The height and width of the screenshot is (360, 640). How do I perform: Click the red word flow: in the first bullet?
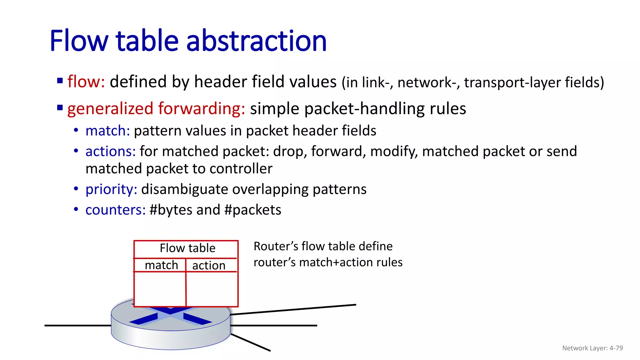point(86,82)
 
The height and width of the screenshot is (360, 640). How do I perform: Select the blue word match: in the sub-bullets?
point(107,131)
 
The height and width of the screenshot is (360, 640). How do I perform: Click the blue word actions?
point(110,151)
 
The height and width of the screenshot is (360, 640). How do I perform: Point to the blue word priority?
point(111,189)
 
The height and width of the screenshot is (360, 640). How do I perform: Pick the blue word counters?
point(115,210)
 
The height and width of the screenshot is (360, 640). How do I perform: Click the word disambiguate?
point(184,189)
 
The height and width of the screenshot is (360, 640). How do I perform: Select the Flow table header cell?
point(187,248)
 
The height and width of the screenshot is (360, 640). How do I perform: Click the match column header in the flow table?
point(161,265)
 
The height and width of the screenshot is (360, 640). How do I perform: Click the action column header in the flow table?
point(209,266)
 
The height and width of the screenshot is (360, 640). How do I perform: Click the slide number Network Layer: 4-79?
point(592,348)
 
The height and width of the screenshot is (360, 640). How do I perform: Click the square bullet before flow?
point(60,81)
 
